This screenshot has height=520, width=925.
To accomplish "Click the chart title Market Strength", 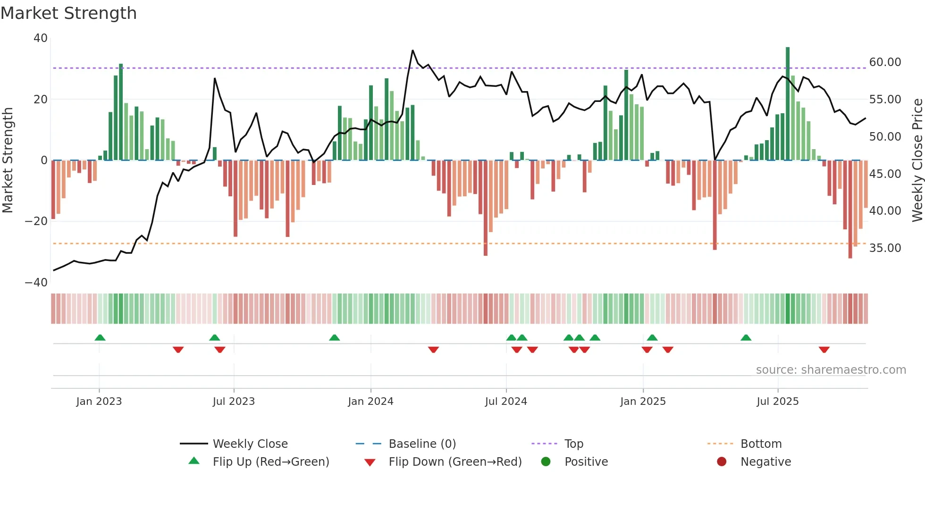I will click(68, 13).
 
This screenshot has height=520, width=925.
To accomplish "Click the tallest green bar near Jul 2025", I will click(787, 104).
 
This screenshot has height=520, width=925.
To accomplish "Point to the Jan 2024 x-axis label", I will click(370, 402).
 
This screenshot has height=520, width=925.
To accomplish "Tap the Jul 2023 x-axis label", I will click(234, 402).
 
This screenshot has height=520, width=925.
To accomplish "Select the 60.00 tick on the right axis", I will click(885, 62).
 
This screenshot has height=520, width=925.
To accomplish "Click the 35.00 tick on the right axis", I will click(885, 248).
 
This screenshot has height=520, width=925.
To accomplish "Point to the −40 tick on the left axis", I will click(36, 283).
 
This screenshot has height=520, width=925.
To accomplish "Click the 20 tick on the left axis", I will click(41, 100).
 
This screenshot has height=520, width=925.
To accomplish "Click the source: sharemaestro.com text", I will click(831, 370).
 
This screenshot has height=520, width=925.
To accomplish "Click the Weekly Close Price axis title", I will click(917, 160).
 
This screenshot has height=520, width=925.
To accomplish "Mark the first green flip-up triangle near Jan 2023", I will click(100, 337).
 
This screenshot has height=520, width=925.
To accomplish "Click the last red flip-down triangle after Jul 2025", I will click(824, 350).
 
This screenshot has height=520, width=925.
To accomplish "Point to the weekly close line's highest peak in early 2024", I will click(412, 50).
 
